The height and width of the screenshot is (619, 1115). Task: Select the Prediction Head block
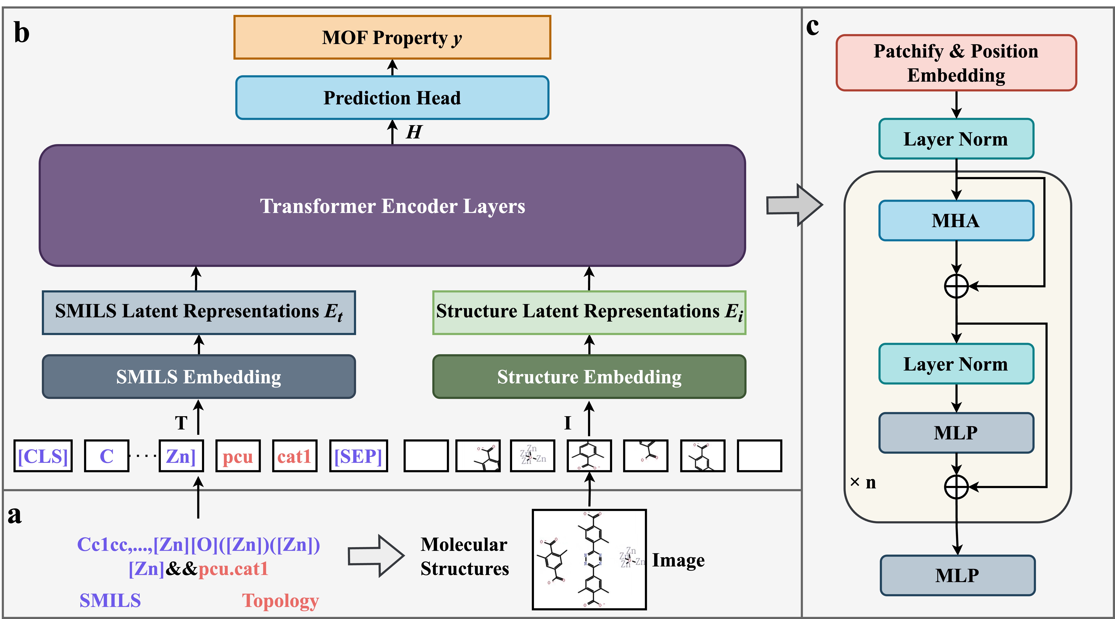[392, 97]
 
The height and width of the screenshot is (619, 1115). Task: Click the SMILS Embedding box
[199, 376]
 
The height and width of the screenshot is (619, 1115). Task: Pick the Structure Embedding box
[589, 376]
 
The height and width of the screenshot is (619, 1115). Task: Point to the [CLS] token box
[43, 456]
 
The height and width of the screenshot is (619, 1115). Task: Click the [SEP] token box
[358, 456]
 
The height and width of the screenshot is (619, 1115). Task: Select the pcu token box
[238, 456]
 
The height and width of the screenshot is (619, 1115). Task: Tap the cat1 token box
[294, 456]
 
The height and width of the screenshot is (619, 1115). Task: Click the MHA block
[956, 220]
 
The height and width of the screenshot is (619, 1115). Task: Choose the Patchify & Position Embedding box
[956, 63]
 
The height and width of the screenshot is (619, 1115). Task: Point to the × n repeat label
[863, 482]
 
